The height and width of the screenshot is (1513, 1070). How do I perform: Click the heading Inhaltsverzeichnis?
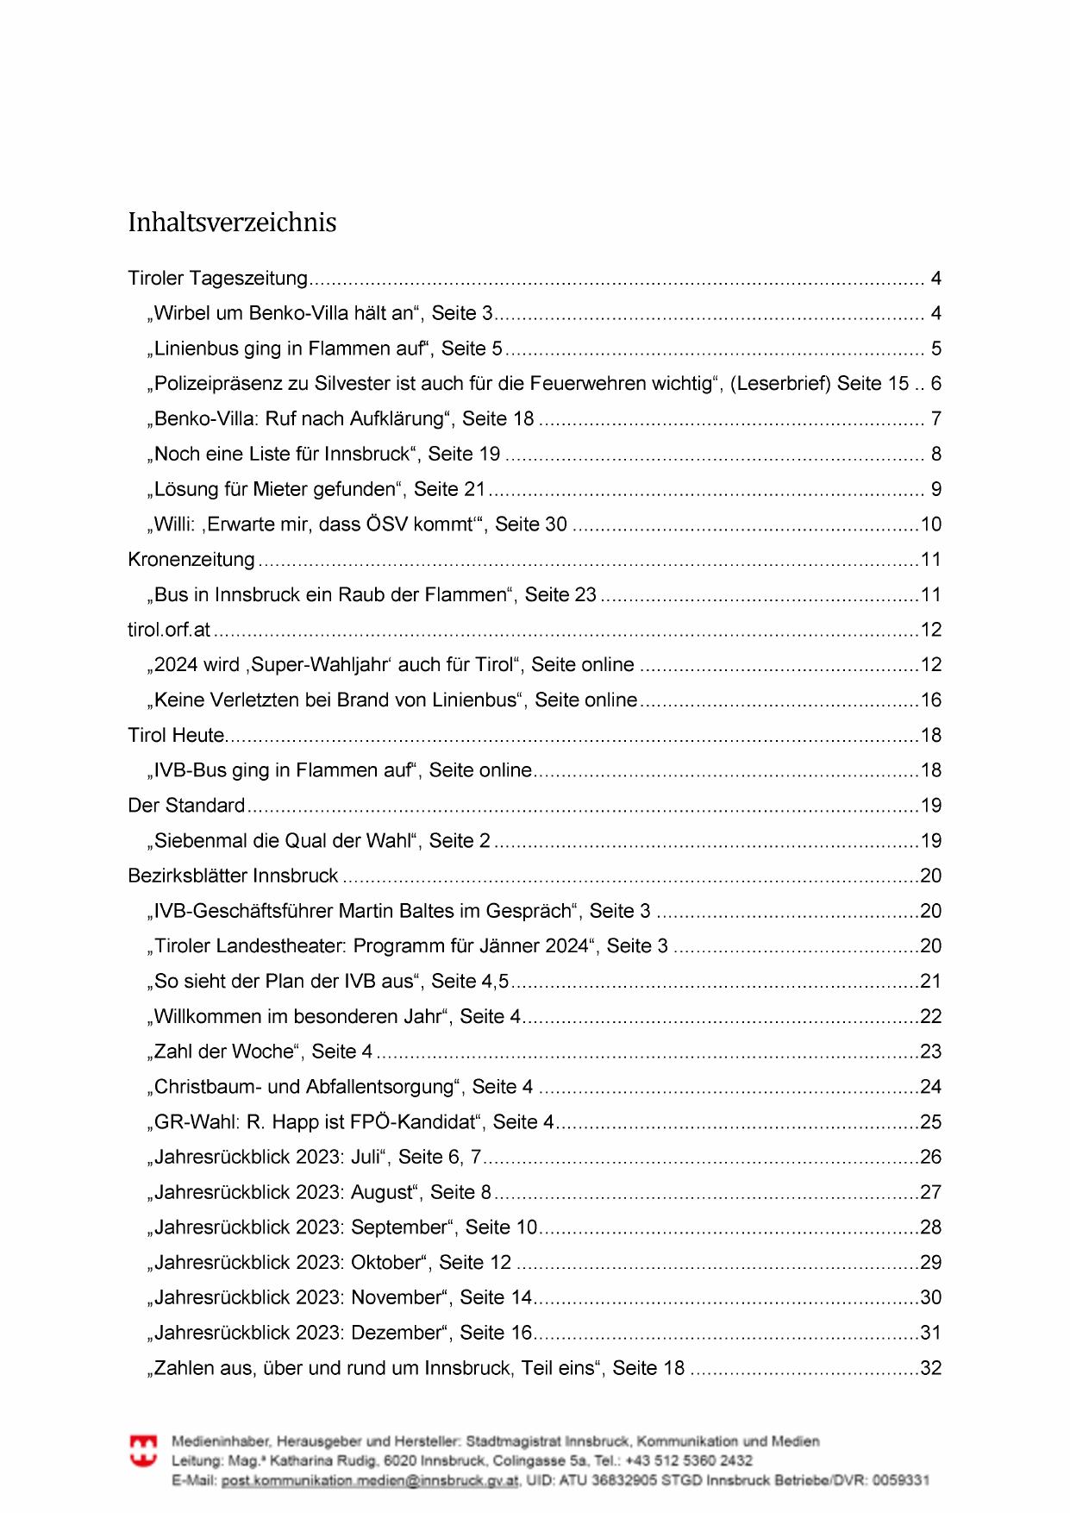(232, 223)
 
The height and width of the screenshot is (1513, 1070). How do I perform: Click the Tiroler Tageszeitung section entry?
(217, 279)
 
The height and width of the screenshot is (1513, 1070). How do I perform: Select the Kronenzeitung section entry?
(191, 560)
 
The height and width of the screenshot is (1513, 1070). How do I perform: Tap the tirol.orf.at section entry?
(169, 630)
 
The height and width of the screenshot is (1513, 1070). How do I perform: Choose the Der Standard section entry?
(186, 806)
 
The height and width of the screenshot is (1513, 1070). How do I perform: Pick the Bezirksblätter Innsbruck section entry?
(233, 876)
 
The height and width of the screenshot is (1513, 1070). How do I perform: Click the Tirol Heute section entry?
(176, 736)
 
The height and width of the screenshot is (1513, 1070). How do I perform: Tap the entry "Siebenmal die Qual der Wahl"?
(322, 841)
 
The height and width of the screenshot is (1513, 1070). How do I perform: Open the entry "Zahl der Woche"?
(263, 1052)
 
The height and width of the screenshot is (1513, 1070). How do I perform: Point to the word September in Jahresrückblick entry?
(400, 1227)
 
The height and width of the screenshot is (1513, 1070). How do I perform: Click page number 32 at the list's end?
(930, 1369)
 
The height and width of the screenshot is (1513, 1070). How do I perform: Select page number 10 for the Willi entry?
(930, 524)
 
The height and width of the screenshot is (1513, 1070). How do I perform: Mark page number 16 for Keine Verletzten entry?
(930, 700)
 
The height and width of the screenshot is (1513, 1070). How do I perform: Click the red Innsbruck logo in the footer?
(143, 1451)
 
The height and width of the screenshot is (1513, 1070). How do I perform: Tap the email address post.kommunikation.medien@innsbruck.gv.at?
(370, 1481)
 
